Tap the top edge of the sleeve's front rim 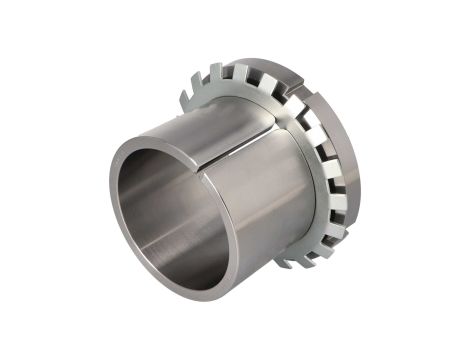[150, 139]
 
